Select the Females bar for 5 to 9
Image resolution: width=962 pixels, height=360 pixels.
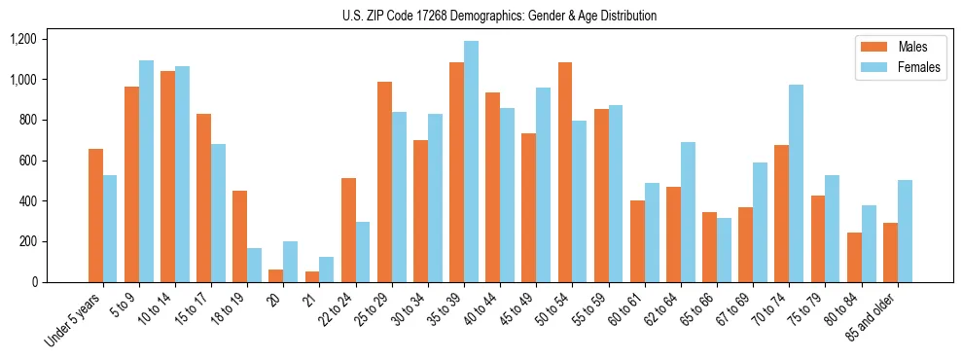[x=146, y=171]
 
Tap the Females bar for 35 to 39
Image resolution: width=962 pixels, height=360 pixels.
[x=471, y=162]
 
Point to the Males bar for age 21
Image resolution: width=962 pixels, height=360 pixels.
[x=311, y=276]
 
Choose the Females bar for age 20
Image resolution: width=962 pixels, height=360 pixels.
[x=290, y=262]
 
